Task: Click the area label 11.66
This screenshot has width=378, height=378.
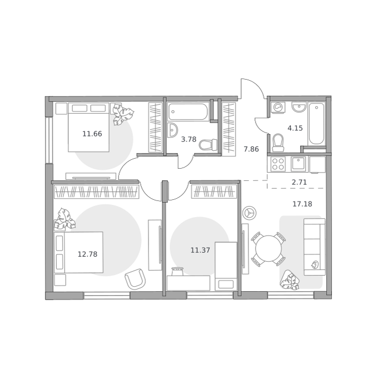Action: (x=92, y=134)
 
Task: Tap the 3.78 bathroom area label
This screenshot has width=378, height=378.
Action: (x=188, y=139)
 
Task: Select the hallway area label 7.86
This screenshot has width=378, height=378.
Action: (x=251, y=149)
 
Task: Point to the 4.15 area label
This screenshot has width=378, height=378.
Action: (x=295, y=128)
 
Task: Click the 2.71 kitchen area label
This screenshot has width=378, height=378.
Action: (x=299, y=182)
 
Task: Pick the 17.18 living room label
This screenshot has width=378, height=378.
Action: (x=302, y=204)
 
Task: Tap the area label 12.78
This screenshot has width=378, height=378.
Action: (x=87, y=254)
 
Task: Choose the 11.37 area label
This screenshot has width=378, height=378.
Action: (x=200, y=251)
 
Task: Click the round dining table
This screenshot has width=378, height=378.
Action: (x=268, y=249)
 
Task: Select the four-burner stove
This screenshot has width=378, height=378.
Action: (x=278, y=164)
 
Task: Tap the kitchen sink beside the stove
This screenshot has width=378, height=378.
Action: (x=299, y=164)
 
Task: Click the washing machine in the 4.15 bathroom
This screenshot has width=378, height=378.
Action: (x=278, y=107)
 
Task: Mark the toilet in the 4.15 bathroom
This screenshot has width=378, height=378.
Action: (x=278, y=143)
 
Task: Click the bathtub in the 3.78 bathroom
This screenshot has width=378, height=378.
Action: (x=188, y=112)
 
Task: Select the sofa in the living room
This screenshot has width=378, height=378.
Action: (x=315, y=247)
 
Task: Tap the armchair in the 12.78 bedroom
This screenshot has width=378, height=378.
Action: (x=135, y=279)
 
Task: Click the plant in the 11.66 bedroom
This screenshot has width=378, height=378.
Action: (x=123, y=114)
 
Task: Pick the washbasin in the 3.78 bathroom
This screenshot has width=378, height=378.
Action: (x=172, y=130)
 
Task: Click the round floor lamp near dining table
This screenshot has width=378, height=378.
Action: (x=249, y=213)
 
